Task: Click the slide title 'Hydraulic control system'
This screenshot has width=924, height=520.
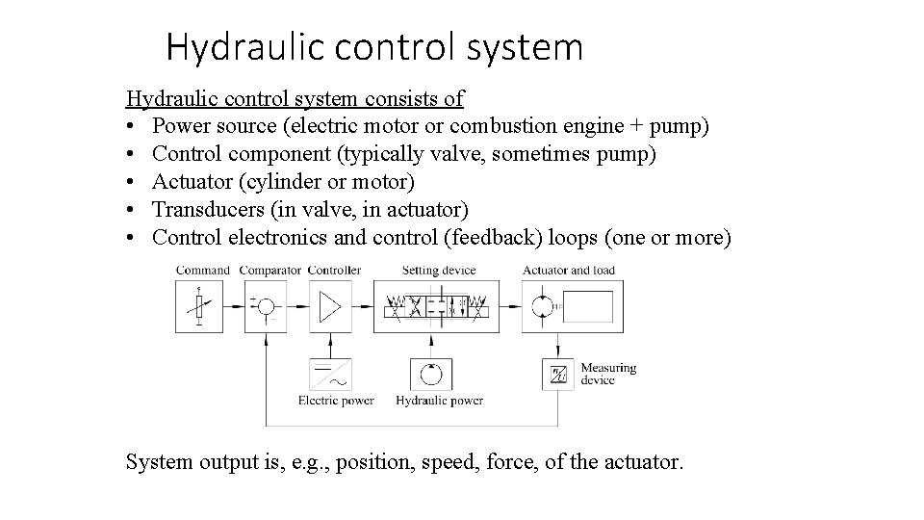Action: point(373,46)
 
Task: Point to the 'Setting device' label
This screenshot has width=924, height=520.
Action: point(439,271)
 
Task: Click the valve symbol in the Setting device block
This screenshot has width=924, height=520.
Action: point(437,307)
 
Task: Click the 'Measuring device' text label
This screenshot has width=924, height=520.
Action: point(607,374)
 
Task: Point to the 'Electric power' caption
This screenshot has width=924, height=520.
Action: point(336,401)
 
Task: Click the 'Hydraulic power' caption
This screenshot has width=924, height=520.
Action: point(439,401)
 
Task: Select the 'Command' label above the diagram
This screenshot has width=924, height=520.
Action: point(202,271)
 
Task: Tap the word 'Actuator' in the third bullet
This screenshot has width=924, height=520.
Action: point(189,181)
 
